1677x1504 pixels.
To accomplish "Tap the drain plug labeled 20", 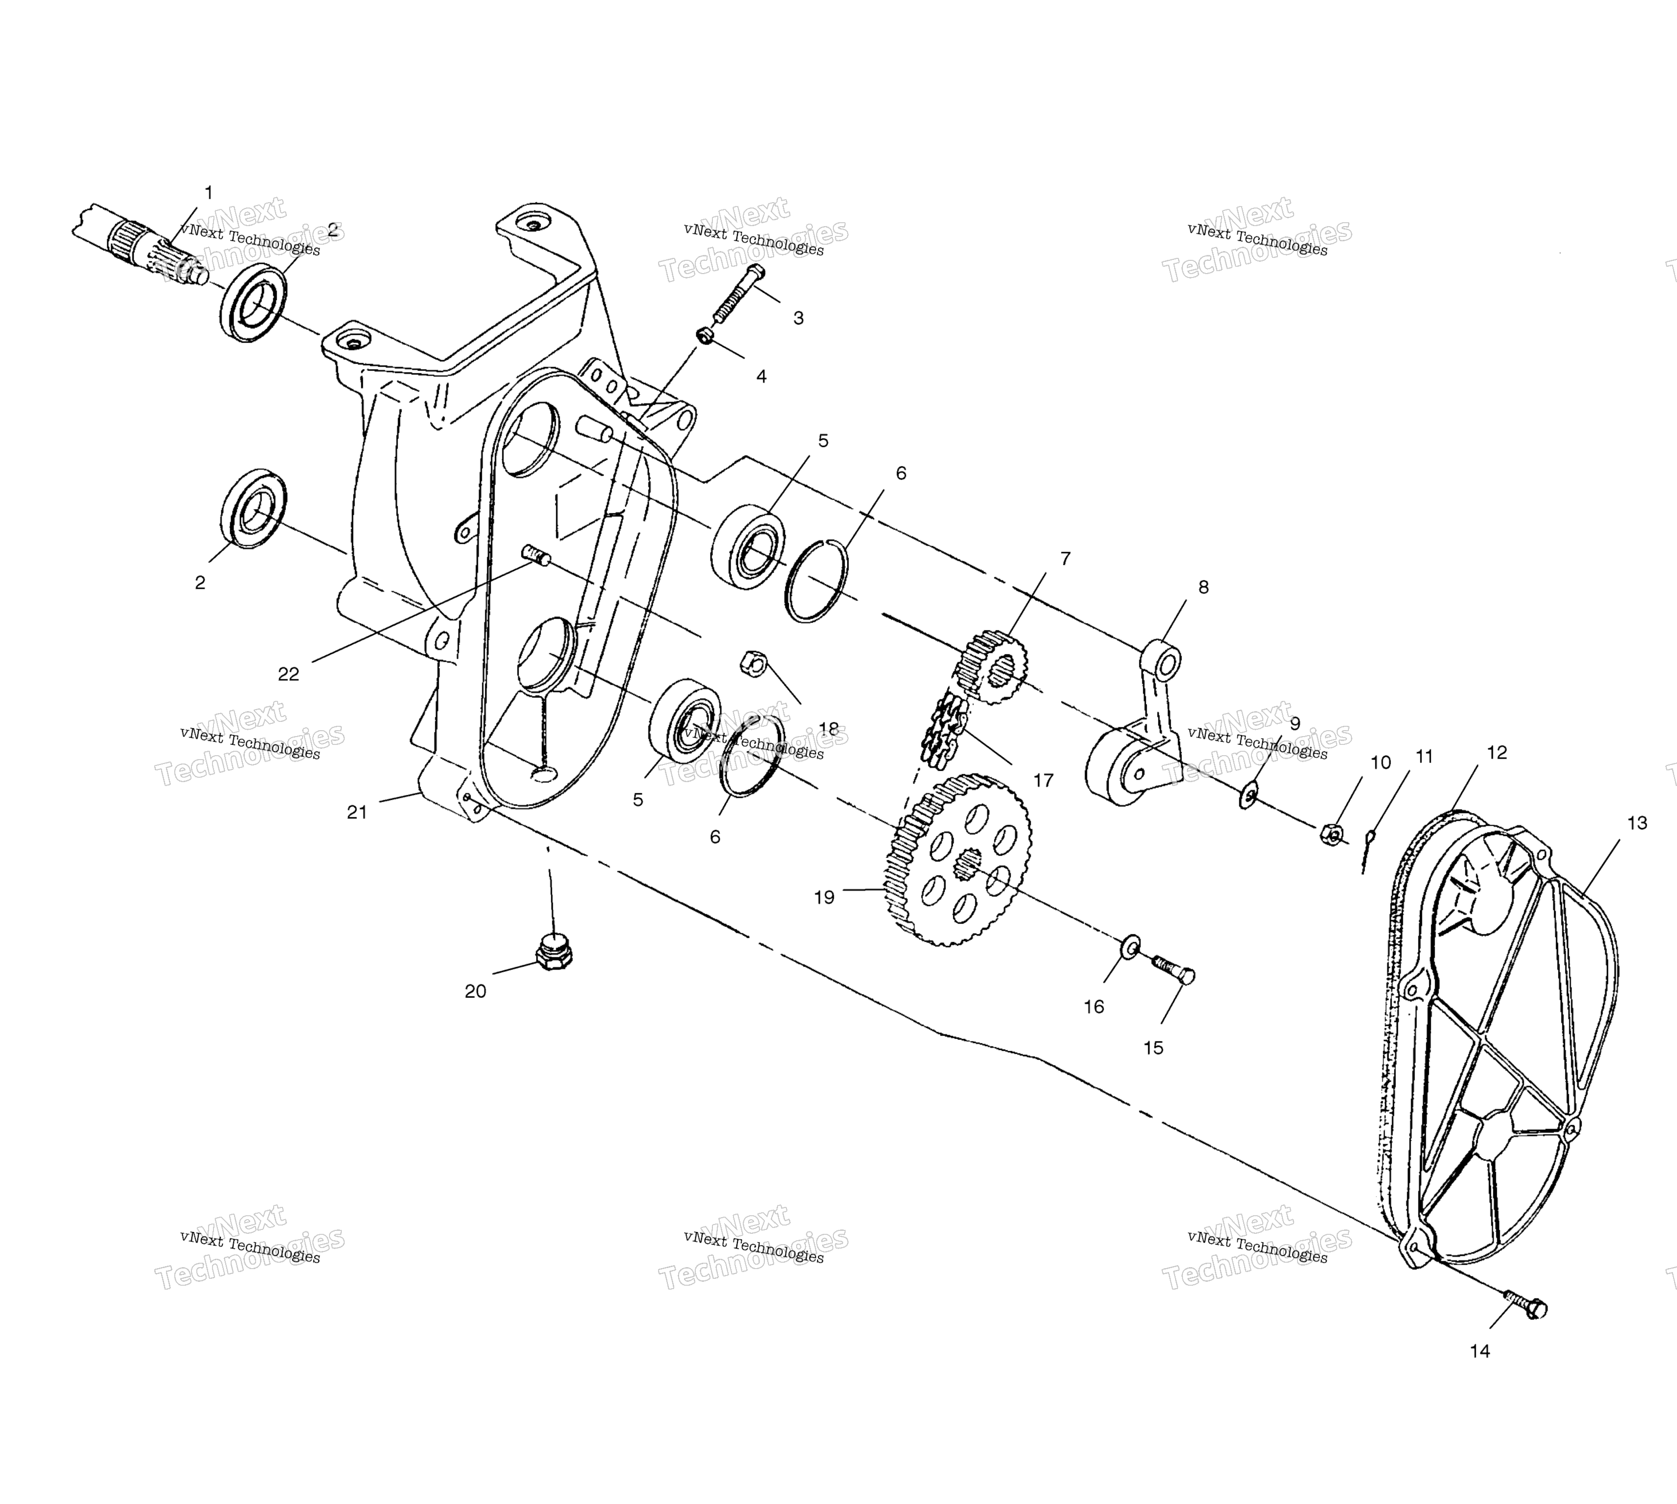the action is [x=555, y=953].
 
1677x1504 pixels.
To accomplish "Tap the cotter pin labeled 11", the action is [x=1368, y=851].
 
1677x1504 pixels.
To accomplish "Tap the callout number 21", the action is [x=356, y=812].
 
